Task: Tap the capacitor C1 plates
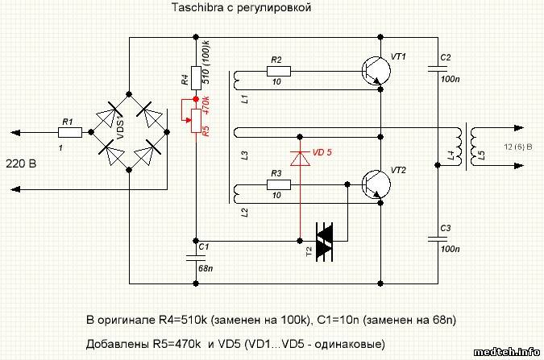(194, 255)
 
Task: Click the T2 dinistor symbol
(324, 239)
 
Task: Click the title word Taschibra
(197, 8)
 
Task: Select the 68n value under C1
(206, 267)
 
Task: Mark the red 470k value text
(206, 106)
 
